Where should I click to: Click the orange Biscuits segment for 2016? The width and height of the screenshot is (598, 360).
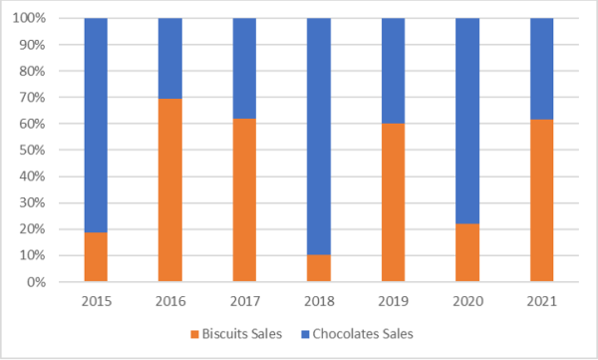[x=169, y=189]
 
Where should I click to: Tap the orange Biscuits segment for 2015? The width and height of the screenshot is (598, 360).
[x=96, y=256]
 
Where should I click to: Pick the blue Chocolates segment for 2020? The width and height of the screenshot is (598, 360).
[x=467, y=121]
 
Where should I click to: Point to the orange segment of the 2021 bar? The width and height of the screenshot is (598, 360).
[x=541, y=199]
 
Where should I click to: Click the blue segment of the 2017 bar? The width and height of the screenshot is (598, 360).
[x=244, y=68]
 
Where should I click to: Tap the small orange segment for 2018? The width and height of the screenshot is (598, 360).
[x=319, y=268]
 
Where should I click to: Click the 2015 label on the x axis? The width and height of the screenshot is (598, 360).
[x=96, y=300]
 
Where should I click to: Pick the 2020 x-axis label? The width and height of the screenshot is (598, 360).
[x=467, y=300]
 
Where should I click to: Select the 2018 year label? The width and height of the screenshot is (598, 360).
[x=319, y=300]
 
